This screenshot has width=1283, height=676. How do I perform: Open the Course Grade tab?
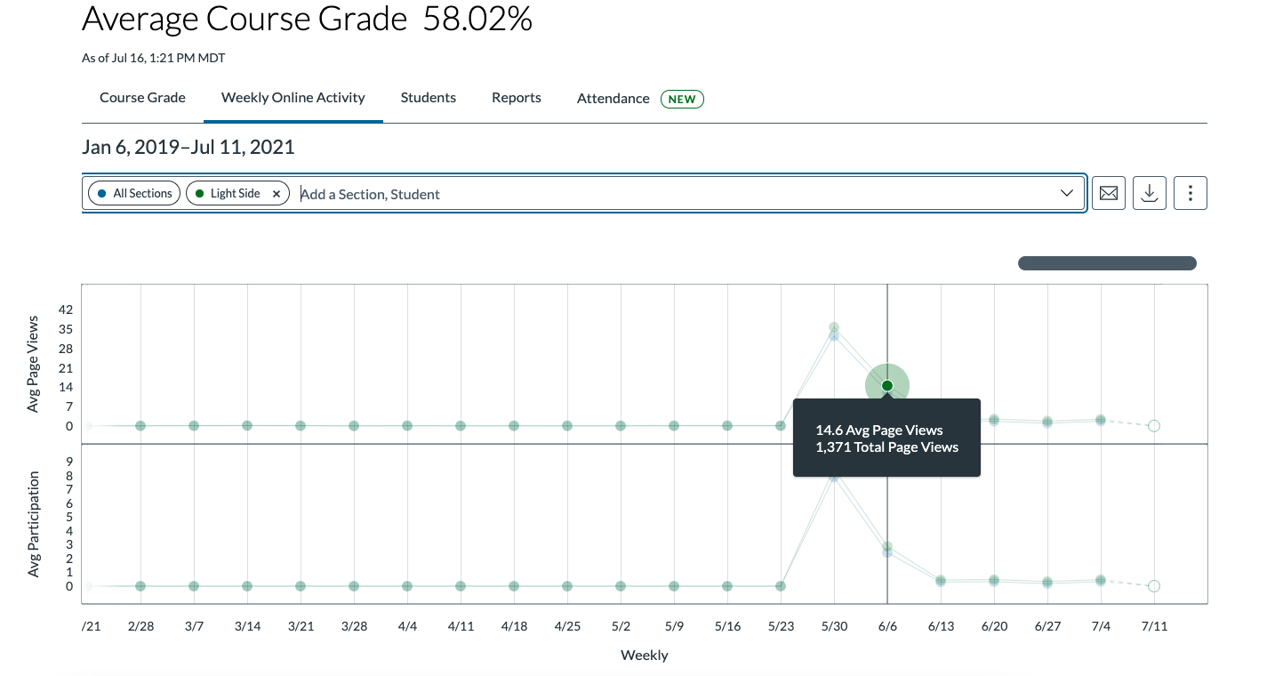(x=142, y=98)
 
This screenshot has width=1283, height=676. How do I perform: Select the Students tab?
(x=428, y=98)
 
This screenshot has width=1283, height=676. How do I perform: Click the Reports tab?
(x=516, y=98)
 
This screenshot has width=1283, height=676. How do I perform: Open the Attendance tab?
(x=613, y=99)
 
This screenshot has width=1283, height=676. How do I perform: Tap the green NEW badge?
(x=682, y=99)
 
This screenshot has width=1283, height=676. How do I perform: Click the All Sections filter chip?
(x=134, y=193)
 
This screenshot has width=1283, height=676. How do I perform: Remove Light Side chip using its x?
(x=277, y=194)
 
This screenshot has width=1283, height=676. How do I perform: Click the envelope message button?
(x=1108, y=193)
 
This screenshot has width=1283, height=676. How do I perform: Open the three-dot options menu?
(x=1190, y=193)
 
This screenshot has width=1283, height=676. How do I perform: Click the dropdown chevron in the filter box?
(x=1067, y=193)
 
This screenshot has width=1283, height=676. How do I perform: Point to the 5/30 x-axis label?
(x=834, y=626)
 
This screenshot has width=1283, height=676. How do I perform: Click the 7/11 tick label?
(x=1154, y=626)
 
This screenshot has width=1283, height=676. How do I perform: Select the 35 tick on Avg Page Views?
(x=65, y=328)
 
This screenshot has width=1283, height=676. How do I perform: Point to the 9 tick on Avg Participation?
(x=68, y=462)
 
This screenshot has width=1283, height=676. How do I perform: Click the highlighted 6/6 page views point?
(x=887, y=385)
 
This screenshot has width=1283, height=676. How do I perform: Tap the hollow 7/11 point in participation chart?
(x=1154, y=586)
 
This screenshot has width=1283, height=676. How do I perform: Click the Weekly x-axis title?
(x=644, y=656)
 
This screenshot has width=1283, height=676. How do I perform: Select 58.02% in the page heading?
(x=477, y=20)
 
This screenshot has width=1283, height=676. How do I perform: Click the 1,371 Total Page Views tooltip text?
(x=886, y=447)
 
